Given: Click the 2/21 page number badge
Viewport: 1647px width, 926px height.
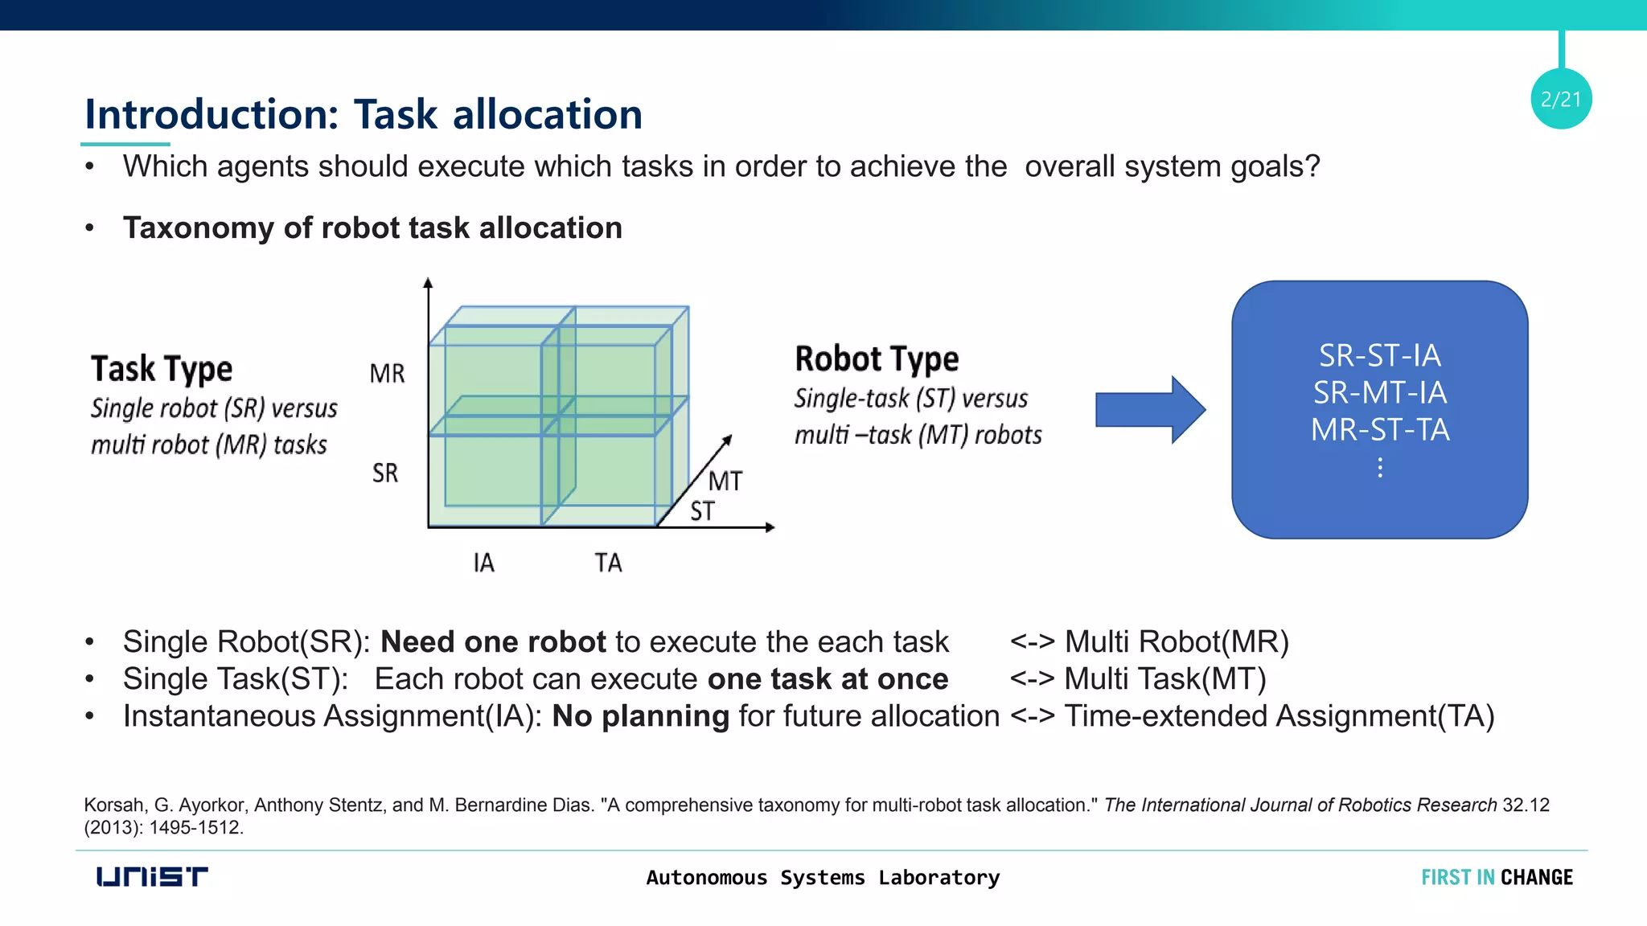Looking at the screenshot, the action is coord(1560,99).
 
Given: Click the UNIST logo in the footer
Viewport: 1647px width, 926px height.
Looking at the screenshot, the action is coord(151,876).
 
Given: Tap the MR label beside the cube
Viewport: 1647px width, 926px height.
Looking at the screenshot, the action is coord(387,374).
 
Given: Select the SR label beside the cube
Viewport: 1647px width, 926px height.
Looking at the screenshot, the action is coord(385,473).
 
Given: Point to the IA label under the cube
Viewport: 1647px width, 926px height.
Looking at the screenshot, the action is coord(483,563).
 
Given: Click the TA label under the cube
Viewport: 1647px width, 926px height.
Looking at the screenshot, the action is coord(608,563).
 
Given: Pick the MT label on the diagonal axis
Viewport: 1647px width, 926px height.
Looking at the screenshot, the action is coord(725,481).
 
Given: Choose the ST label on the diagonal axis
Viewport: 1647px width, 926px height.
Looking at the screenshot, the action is coord(702,511).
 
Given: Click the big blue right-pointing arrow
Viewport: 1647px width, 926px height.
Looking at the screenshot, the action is coord(1150,409).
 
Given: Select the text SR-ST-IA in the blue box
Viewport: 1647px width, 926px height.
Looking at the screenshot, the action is coord(1380,355).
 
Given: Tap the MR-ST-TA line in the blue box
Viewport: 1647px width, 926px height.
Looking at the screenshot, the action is coord(1380,430).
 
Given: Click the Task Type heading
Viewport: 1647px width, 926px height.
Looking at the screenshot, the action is coord(162,369).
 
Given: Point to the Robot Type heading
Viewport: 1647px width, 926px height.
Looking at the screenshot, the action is coord(877,359).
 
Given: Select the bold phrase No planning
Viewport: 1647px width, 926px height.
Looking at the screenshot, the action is coord(640,715).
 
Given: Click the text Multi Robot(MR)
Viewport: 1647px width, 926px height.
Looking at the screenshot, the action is coord(1177,641).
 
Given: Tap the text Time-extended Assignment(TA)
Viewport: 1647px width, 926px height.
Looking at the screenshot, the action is coord(1279,715).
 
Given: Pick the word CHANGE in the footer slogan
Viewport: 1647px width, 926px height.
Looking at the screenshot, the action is coord(1536,877).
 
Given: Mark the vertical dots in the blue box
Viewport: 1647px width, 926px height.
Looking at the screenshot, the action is coord(1380,468).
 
